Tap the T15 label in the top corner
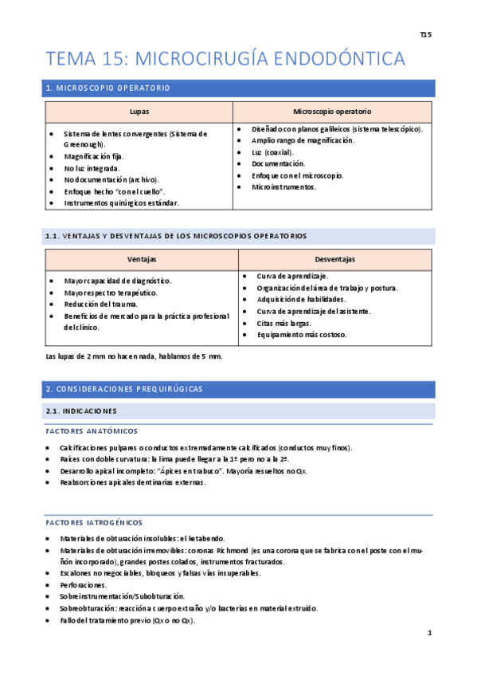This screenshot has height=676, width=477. click(x=426, y=35)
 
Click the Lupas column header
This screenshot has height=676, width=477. click(x=139, y=112)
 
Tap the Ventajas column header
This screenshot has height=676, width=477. click(x=142, y=260)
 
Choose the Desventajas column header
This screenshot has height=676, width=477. click(x=334, y=260)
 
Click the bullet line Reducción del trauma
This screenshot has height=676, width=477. click(x=101, y=304)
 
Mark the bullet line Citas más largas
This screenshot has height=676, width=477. click(x=284, y=323)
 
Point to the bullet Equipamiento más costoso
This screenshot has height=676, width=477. click(x=301, y=335)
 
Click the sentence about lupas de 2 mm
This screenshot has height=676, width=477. click(x=135, y=356)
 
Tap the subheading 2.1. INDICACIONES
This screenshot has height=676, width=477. click(x=81, y=411)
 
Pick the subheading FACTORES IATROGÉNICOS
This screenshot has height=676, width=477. click(x=94, y=522)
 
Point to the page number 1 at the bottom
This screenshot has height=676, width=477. click(x=429, y=633)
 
